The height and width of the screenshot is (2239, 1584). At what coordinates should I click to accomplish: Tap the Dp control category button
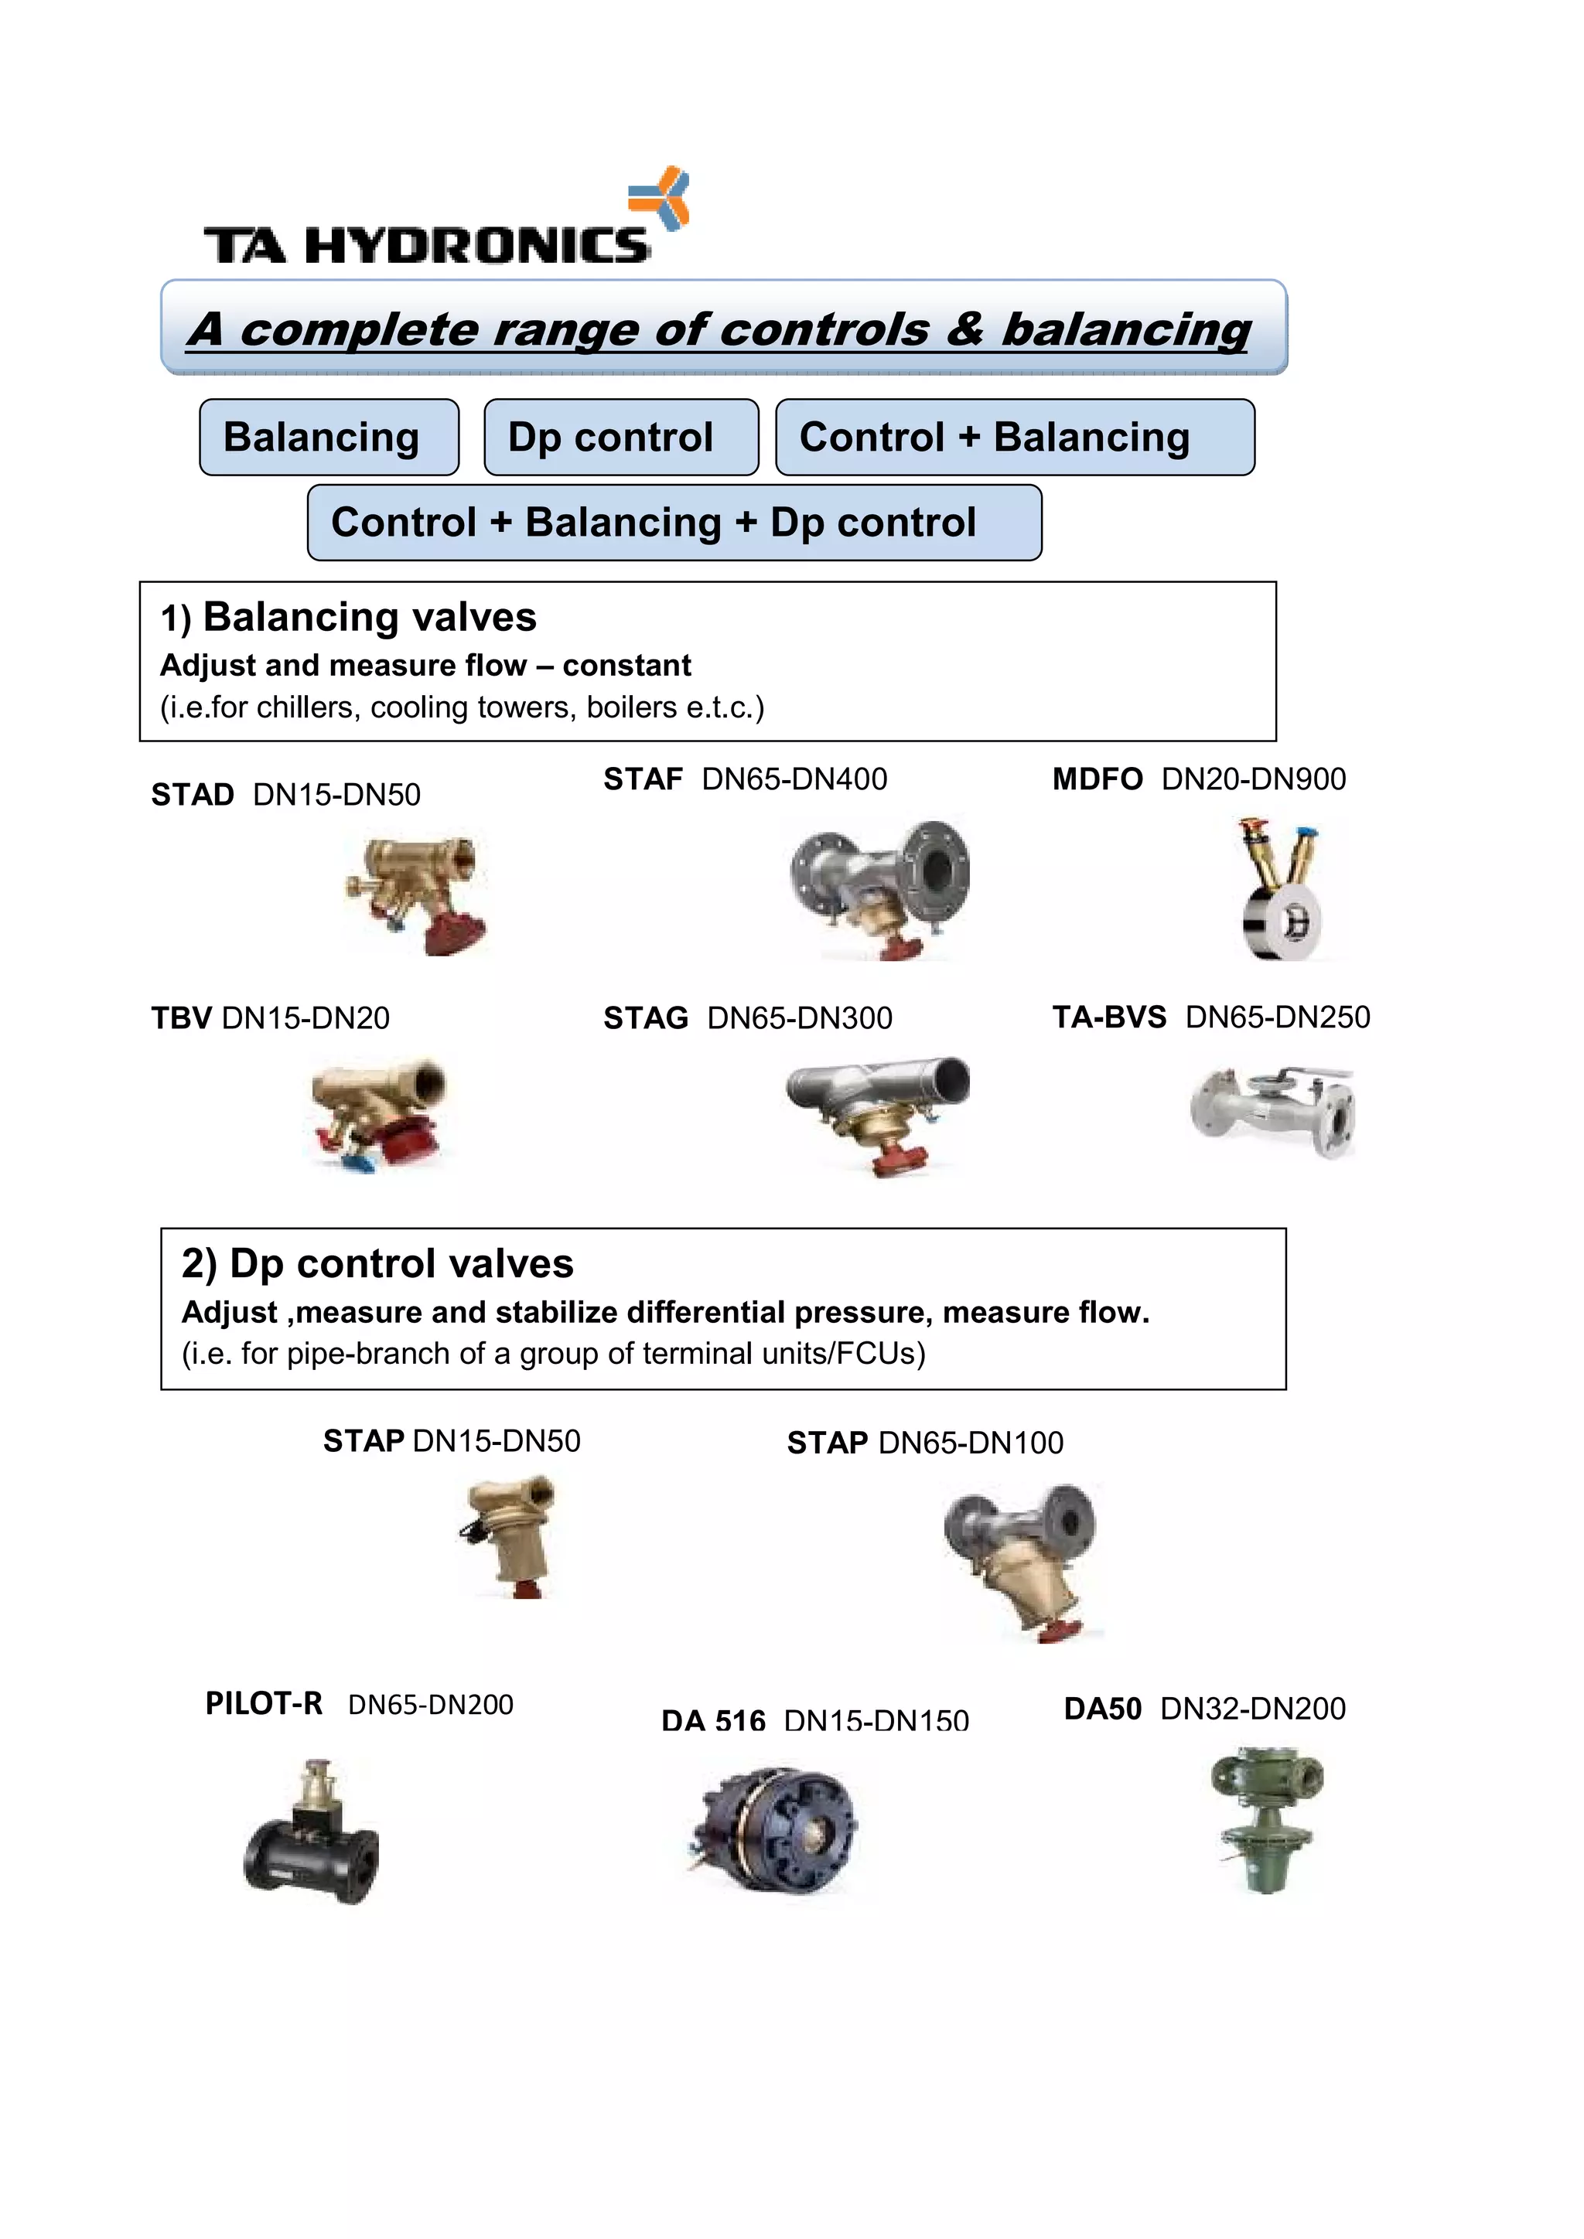(x=620, y=437)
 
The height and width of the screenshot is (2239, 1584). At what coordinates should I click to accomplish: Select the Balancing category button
(x=329, y=437)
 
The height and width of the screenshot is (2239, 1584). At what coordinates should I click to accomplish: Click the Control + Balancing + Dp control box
(x=674, y=523)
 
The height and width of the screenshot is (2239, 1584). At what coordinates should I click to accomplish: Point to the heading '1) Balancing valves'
(x=348, y=617)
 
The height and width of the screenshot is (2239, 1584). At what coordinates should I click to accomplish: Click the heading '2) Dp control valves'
(x=377, y=1264)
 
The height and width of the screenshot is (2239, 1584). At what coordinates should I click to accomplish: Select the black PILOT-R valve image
(x=312, y=1833)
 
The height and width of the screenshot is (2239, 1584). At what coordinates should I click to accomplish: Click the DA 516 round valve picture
(x=773, y=1828)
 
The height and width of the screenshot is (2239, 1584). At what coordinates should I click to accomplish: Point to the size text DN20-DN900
(x=1253, y=779)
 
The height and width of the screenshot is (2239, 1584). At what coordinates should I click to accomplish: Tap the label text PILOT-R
(x=263, y=1704)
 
